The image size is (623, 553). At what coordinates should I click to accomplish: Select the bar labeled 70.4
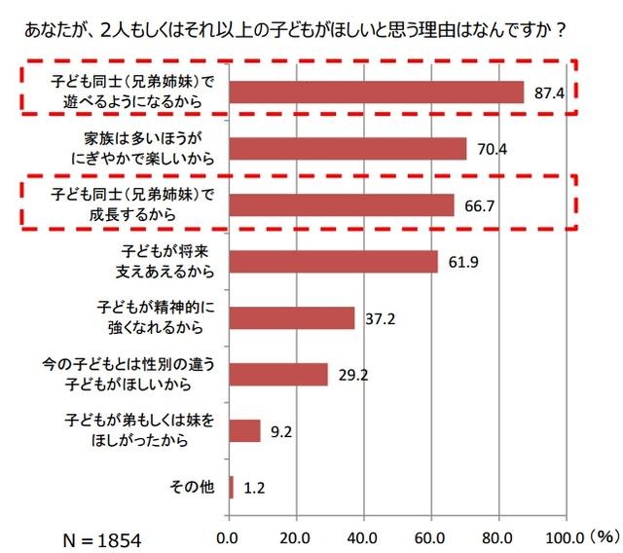(348, 148)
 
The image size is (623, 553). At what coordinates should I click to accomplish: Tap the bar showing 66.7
(341, 204)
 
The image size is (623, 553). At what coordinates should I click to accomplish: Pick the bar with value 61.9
(333, 261)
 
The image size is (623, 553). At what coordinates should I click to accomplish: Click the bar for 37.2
(291, 317)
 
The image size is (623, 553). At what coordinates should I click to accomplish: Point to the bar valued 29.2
(277, 374)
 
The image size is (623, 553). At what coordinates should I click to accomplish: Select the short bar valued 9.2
(244, 430)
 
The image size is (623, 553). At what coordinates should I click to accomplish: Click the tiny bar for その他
(231, 487)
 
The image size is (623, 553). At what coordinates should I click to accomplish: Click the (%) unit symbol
(604, 535)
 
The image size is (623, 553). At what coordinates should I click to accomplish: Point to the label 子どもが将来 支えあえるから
(161, 261)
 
